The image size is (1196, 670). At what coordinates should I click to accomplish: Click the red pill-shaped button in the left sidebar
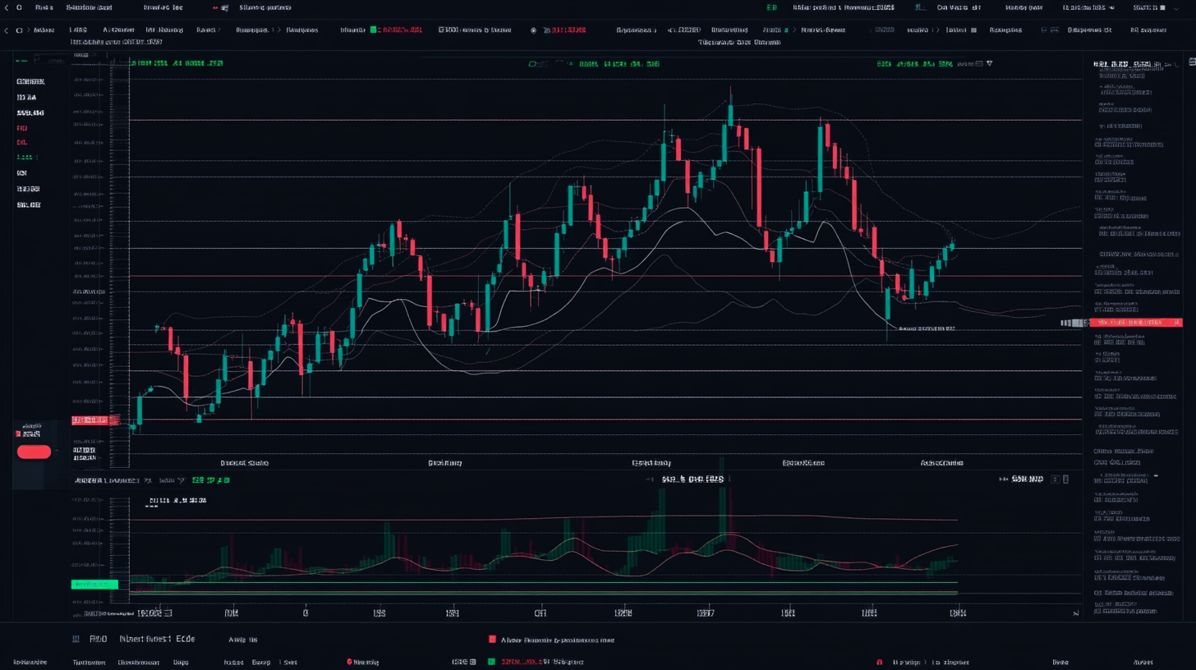pos(34,452)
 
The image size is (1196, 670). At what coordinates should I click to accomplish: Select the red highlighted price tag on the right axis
pos(1138,323)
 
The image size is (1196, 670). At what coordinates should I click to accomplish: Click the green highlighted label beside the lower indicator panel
pos(94,585)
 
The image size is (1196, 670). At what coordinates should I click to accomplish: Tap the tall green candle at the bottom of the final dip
pos(888,303)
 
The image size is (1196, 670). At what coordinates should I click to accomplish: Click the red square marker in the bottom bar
pos(492,639)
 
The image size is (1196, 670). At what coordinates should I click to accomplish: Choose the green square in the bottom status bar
pos(492,661)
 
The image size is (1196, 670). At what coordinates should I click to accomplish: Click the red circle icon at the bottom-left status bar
pos(349,661)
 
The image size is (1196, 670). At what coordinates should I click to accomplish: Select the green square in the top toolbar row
pos(374,30)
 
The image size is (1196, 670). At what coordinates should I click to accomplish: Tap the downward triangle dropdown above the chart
pos(989,62)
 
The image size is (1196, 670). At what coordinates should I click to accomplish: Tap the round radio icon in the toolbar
pos(533,30)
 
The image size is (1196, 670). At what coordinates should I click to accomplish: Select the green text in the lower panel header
pos(211,480)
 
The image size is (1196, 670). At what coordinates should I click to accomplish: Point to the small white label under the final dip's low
pos(927,328)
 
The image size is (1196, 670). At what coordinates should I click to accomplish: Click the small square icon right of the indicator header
pos(1066,479)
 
